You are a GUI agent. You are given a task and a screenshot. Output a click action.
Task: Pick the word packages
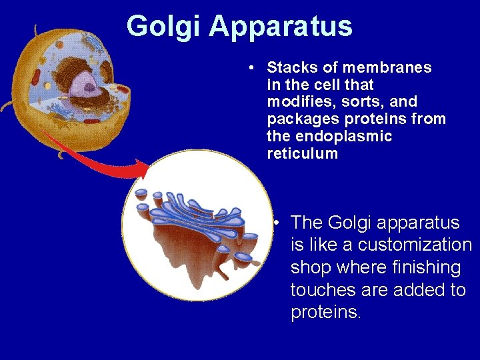297,119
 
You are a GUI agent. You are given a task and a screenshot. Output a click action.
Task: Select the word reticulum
302,154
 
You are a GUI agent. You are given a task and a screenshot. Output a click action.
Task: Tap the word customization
407,245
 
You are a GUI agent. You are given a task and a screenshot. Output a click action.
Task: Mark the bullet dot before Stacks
248,68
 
